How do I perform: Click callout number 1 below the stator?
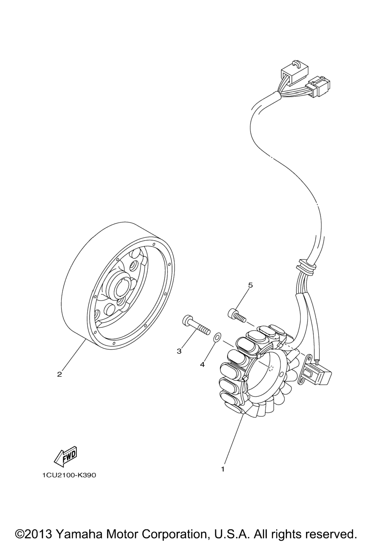tap(223, 469)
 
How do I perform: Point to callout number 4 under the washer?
tap(202, 364)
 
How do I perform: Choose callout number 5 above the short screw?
tap(250, 285)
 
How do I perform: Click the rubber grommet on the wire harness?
tap(306, 267)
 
